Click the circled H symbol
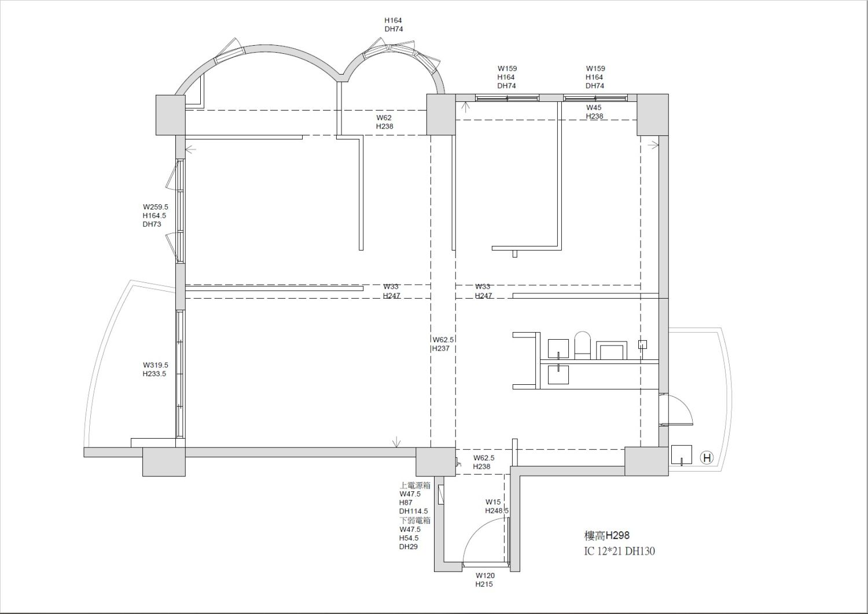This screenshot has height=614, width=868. coord(707,458)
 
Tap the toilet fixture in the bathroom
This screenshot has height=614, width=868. coord(582,345)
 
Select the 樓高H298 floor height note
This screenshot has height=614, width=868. coord(607,536)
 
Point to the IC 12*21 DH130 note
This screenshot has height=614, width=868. coord(619,551)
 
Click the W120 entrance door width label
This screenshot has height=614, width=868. coord(485,576)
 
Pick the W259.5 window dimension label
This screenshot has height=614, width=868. coord(156,207)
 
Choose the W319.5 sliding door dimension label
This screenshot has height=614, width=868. coord(156,365)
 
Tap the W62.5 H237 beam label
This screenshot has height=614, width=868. coord(443,344)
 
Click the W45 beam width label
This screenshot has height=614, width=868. coord(594,108)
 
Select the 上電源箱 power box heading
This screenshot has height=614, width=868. coord(415,486)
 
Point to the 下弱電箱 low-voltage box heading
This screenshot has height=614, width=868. coord(415,521)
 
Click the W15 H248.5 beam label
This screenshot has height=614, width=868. coord(496,506)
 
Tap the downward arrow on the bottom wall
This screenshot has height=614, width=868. coord(396,442)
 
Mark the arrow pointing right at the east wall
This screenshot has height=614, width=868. coord(653,145)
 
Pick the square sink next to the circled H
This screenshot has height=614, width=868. coord(682,455)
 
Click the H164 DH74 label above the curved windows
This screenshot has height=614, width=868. coord(393,24)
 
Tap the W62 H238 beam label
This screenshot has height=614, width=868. coord(384,122)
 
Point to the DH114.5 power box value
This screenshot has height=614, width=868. coord(414,511)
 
